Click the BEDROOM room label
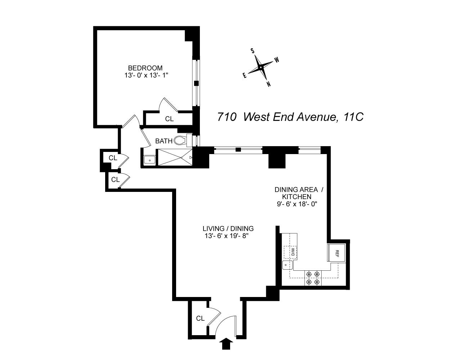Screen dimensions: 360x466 click(145, 68)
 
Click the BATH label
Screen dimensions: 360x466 click(163, 141)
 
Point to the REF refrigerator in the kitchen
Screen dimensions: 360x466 click(337, 252)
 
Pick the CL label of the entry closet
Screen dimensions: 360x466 click(200, 319)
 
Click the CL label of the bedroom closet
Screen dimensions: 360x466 click(169, 119)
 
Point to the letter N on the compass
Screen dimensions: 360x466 click(269, 84)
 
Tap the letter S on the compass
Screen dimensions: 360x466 click(253, 51)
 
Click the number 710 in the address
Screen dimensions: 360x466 click(227, 117)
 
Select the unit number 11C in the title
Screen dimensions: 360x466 click(353, 117)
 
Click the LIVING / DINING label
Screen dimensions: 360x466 click(228, 229)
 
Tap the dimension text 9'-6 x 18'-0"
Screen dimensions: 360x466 click(296, 204)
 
